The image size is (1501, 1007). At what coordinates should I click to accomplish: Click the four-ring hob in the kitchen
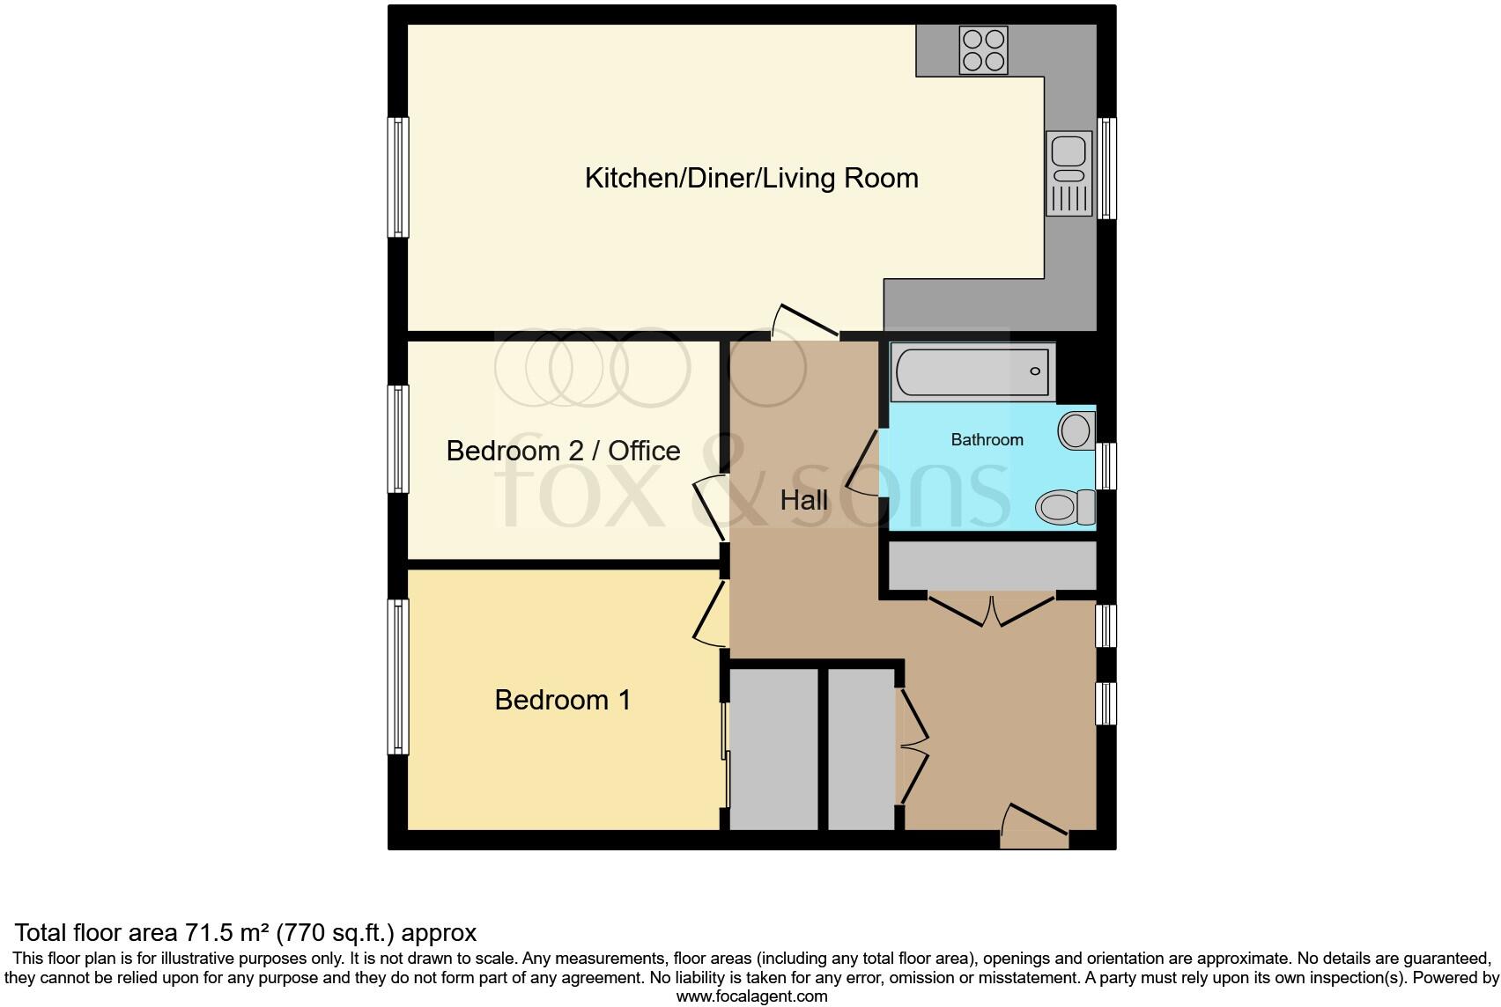point(983,49)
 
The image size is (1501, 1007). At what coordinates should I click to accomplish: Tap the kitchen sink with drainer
point(1068,173)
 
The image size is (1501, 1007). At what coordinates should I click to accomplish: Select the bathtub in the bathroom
point(972,371)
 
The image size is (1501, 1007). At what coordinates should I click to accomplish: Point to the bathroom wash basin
point(1076,431)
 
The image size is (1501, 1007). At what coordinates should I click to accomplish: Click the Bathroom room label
point(987,440)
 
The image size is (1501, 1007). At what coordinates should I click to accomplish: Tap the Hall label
point(803,501)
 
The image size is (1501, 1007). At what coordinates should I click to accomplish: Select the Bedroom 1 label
point(562,700)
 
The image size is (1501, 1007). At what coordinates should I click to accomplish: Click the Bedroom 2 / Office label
point(563,451)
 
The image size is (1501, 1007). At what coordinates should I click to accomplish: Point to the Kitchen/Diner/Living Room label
point(751,178)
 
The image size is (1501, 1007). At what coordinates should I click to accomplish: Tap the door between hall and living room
point(803,322)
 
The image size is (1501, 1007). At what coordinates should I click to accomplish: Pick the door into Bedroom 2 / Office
point(710,508)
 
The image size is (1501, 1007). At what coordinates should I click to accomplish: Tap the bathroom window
point(1106,466)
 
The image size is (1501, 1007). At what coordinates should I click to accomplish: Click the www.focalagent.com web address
point(751,996)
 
